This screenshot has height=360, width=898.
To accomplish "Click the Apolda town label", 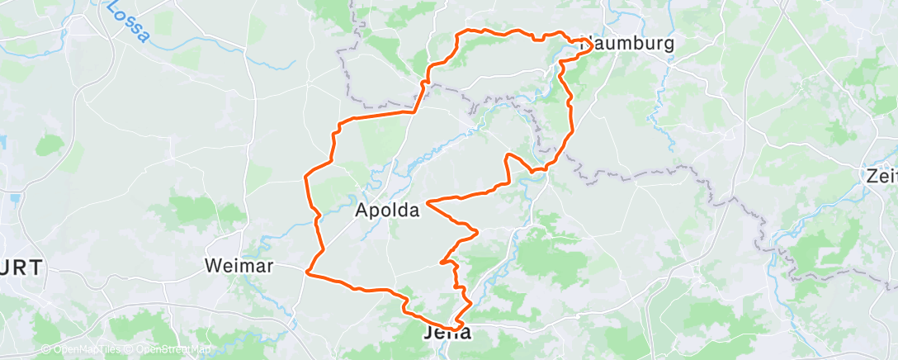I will (x=387, y=211).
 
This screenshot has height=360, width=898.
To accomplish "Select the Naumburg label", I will (x=628, y=44).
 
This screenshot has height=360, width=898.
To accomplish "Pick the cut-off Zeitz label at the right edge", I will (x=881, y=176).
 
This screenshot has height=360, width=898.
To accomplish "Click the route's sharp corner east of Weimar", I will (x=307, y=271).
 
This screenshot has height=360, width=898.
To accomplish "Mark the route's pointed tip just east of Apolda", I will (x=426, y=201).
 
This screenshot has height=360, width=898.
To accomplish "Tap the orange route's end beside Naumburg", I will (x=588, y=40).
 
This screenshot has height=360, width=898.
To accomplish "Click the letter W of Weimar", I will (x=212, y=266).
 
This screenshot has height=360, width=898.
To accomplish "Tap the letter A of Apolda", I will (x=362, y=211).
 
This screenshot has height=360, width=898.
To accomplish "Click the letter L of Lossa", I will (x=111, y=6).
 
